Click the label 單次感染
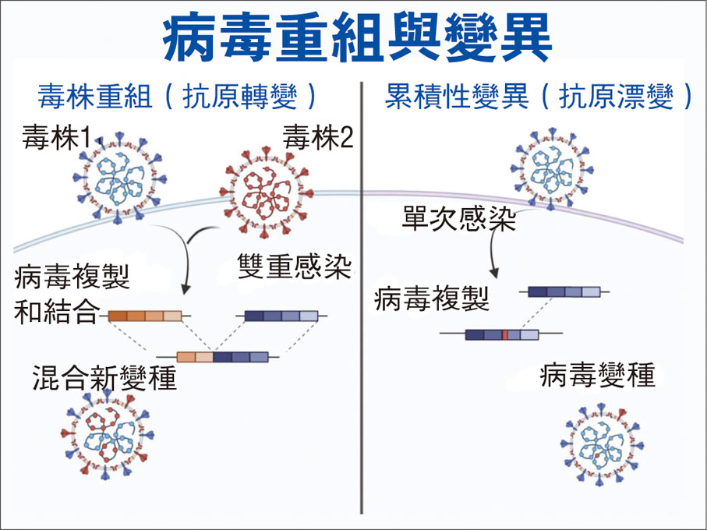459,217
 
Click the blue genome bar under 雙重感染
281,316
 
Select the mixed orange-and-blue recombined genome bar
222,357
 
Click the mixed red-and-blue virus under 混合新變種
107,438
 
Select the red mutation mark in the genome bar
505,335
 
